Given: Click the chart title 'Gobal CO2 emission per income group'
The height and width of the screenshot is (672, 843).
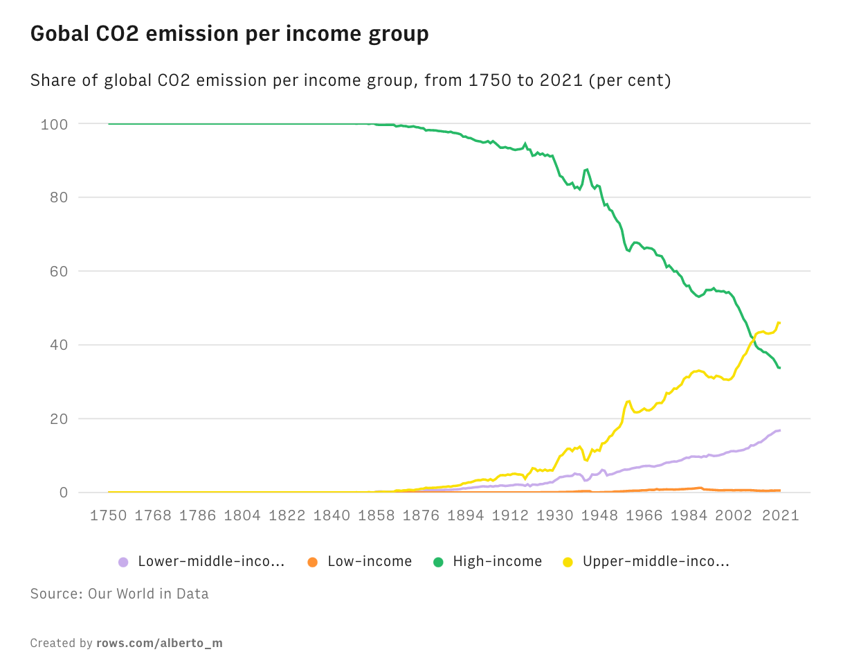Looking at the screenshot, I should point(229,34).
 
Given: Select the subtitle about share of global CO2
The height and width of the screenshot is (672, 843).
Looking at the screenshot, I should point(350,80).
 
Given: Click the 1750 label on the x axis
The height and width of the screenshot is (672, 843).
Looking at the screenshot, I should point(109,515).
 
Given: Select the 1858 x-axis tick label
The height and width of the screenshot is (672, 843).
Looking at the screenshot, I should point(377,515).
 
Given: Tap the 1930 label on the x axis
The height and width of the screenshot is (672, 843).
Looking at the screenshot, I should point(555,515).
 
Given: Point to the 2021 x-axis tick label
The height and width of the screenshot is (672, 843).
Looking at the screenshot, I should point(781,515).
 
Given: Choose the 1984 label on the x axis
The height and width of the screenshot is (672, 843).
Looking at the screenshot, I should point(689,515).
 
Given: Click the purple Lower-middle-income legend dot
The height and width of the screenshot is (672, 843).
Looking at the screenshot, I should point(124,562).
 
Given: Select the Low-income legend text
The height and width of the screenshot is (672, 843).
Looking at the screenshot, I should point(370,561).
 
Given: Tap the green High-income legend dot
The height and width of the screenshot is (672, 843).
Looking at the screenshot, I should point(438,562).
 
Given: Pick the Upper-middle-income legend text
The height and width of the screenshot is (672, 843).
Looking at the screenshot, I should point(655,561).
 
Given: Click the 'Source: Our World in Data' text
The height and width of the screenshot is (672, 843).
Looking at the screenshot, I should point(119,594).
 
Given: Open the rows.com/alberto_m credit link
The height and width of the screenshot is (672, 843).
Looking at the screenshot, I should point(159,643).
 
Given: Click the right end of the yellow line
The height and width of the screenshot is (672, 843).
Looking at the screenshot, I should point(779,322).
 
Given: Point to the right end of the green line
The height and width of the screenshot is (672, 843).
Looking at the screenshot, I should point(779,368).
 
